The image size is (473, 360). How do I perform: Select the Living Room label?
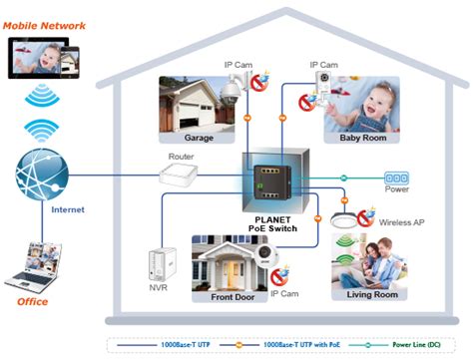(x=370, y=295)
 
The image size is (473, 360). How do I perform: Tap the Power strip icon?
(x=396, y=176)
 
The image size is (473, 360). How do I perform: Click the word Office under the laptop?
(x=32, y=301)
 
